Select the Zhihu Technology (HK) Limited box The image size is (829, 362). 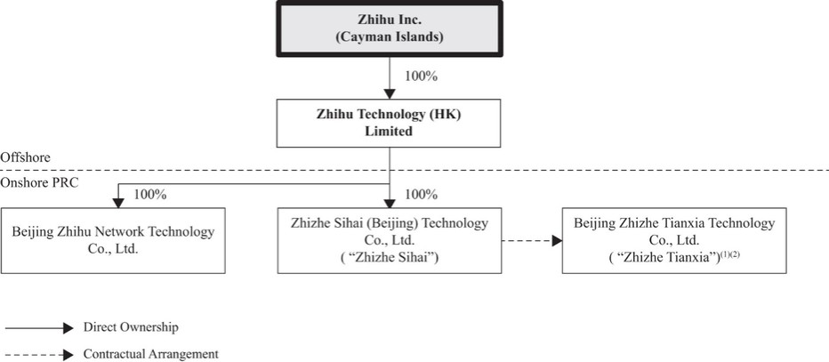(389, 123)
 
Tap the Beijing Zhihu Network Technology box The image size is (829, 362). (113, 240)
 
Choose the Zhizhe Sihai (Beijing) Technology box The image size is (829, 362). (389, 240)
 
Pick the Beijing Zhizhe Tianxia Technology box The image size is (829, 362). (674, 240)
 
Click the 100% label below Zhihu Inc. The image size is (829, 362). (420, 76)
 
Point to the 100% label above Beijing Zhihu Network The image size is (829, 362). (150, 194)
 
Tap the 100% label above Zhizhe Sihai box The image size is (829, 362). (421, 194)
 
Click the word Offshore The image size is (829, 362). (24, 157)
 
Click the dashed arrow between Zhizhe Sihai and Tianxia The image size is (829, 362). (531, 240)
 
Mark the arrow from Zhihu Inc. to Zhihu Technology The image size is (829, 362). (389, 78)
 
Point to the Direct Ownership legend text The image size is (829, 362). (125, 327)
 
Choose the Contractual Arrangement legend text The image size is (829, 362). (150, 354)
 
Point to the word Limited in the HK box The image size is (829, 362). (390, 131)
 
